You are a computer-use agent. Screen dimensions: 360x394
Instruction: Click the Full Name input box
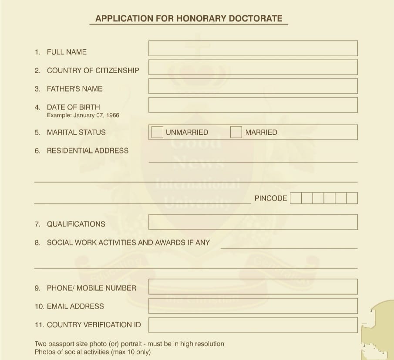(x=253, y=48)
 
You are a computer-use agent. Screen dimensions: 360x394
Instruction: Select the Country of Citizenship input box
(x=253, y=67)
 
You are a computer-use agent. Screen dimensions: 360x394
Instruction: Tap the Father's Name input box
(x=253, y=86)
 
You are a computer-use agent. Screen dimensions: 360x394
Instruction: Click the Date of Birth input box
(x=253, y=105)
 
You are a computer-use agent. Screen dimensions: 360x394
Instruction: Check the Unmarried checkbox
(x=157, y=132)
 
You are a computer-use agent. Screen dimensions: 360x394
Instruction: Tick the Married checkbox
(x=236, y=132)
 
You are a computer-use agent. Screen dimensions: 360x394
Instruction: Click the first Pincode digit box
(x=296, y=198)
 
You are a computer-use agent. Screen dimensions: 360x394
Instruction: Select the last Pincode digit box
(x=352, y=198)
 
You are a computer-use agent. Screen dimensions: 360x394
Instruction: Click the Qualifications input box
(x=253, y=222)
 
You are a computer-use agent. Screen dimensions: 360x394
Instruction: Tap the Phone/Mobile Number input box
(x=253, y=287)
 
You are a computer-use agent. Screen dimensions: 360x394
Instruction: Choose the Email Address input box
(x=253, y=306)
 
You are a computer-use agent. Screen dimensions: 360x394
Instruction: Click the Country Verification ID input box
(x=253, y=325)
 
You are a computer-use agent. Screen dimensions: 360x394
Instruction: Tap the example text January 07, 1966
(x=96, y=115)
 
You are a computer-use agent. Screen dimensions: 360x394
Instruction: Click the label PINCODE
(x=271, y=198)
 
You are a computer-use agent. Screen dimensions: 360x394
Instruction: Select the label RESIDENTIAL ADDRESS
(x=88, y=151)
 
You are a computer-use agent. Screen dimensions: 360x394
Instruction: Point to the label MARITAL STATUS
(x=76, y=132)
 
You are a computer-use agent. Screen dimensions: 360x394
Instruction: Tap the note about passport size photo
(x=129, y=344)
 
